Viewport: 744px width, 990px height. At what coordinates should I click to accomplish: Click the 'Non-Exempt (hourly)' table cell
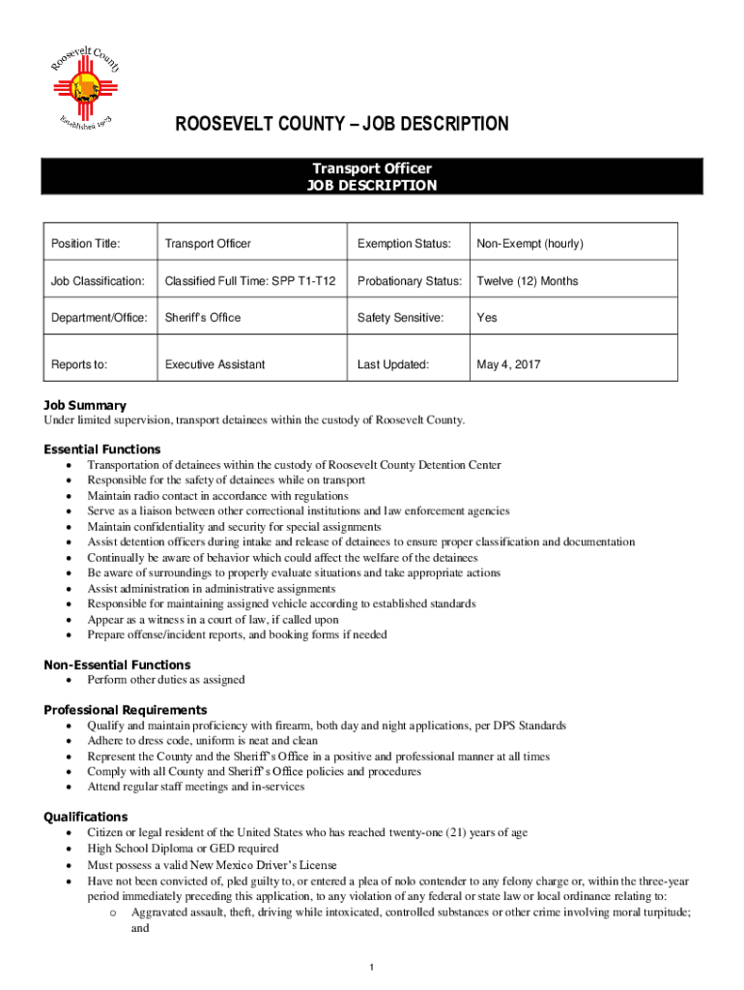[529, 244]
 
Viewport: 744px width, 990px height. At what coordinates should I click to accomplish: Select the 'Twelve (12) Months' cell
[528, 280]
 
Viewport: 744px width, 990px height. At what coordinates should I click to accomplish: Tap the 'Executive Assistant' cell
[215, 364]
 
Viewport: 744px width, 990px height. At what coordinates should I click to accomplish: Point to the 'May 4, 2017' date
[508, 364]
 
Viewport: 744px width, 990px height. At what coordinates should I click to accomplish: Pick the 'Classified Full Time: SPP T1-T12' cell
[250, 280]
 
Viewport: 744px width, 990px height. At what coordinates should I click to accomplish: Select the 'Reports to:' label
[79, 364]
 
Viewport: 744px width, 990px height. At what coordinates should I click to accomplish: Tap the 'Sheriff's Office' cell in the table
[203, 317]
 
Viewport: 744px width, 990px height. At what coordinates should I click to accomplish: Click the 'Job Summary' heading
[85, 405]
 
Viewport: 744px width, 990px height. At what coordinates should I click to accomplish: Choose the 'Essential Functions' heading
[102, 450]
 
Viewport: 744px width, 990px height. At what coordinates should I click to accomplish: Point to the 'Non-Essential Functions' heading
[117, 665]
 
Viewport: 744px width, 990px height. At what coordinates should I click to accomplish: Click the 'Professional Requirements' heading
[126, 710]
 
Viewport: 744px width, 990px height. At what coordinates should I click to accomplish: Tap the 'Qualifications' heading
[86, 817]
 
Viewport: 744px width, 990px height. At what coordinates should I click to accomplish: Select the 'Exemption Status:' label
[404, 244]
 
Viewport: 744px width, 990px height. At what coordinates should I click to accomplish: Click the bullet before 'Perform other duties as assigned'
[68, 680]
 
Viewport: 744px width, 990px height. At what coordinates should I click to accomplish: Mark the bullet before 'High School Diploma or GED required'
[68, 849]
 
